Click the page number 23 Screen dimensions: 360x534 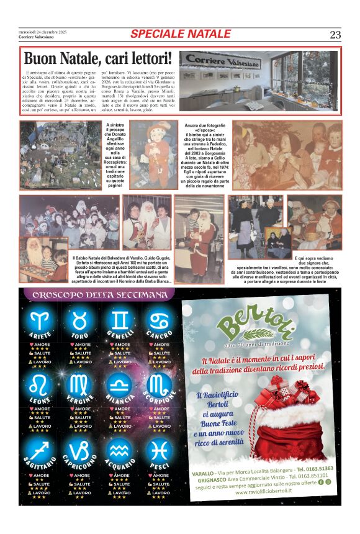pyautogui.click(x=335, y=34)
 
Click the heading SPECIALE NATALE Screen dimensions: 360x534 pyautogui.click(x=180, y=34)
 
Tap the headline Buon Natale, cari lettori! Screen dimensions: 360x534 pyautogui.click(x=97, y=59)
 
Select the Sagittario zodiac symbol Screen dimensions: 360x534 pyautogui.click(x=40, y=451)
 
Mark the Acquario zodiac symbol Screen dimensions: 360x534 pyautogui.click(x=121, y=451)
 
